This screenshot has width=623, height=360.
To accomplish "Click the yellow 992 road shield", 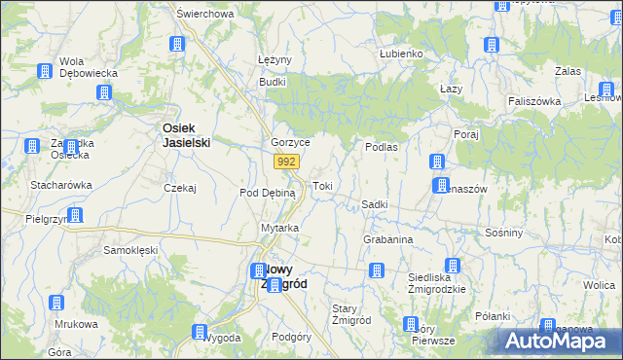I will point(285,162).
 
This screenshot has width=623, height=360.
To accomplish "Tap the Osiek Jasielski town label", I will point(186,133).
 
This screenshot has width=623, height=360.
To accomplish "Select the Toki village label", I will point(322,185).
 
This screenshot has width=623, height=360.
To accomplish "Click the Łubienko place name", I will point(401,54).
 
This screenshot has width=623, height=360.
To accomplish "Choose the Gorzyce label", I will point(290,142).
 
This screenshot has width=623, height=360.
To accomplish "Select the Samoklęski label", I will point(130,250).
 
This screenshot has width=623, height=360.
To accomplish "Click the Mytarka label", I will point(279,228).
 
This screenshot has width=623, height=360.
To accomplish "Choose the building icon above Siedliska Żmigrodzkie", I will point(452,266).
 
